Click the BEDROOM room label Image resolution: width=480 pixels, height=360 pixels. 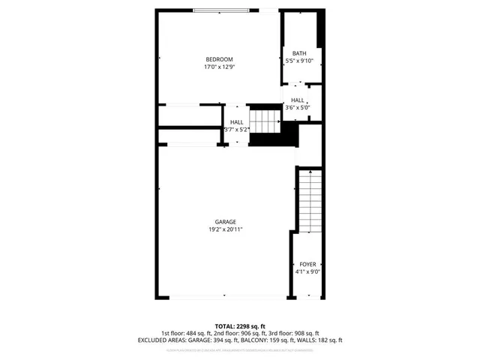coord(220,59)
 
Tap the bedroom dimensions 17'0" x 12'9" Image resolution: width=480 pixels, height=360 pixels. coord(220,67)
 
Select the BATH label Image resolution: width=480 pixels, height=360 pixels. coord(299,53)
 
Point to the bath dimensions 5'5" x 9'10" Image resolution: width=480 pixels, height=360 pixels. coord(299,61)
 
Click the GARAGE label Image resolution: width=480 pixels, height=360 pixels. coord(226,222)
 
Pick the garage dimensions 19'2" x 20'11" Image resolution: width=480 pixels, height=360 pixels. coord(226,229)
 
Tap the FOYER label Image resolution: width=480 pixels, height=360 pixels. coord(308,264)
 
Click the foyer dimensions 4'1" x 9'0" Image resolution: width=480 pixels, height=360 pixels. coord(308,271)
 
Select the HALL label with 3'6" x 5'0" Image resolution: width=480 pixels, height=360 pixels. coord(298,100)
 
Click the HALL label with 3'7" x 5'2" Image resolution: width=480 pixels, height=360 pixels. coord(237,121)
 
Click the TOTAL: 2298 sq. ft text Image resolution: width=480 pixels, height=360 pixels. coord(240,326)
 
